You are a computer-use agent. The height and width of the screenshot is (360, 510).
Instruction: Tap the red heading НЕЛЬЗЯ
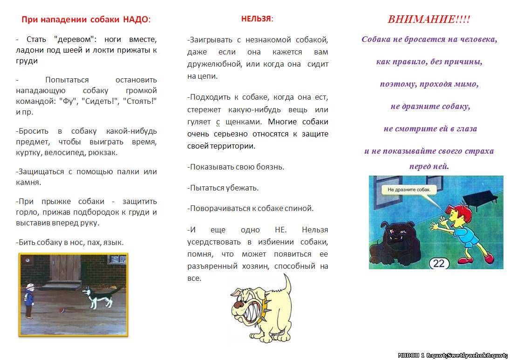click(x=256, y=19)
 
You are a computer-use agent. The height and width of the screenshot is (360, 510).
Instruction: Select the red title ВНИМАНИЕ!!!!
click(x=428, y=20)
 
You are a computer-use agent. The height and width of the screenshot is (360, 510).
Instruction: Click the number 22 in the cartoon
click(x=439, y=263)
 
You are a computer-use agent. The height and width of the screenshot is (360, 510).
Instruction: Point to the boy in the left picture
click(x=29, y=300)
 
